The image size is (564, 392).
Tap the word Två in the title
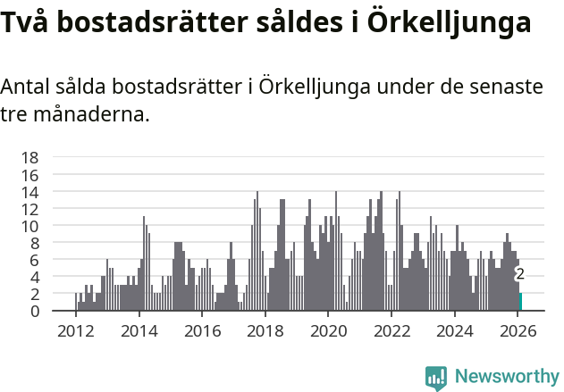pyautogui.click(x=27, y=23)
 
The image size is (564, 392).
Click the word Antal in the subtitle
pyautogui.click(x=29, y=88)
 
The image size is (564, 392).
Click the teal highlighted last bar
pyautogui.click(x=520, y=303)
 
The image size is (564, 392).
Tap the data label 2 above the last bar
pyautogui.click(x=519, y=275)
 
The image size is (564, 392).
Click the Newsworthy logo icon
pyautogui.click(x=436, y=377)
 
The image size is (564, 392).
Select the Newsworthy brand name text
pyautogui.click(x=506, y=377)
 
